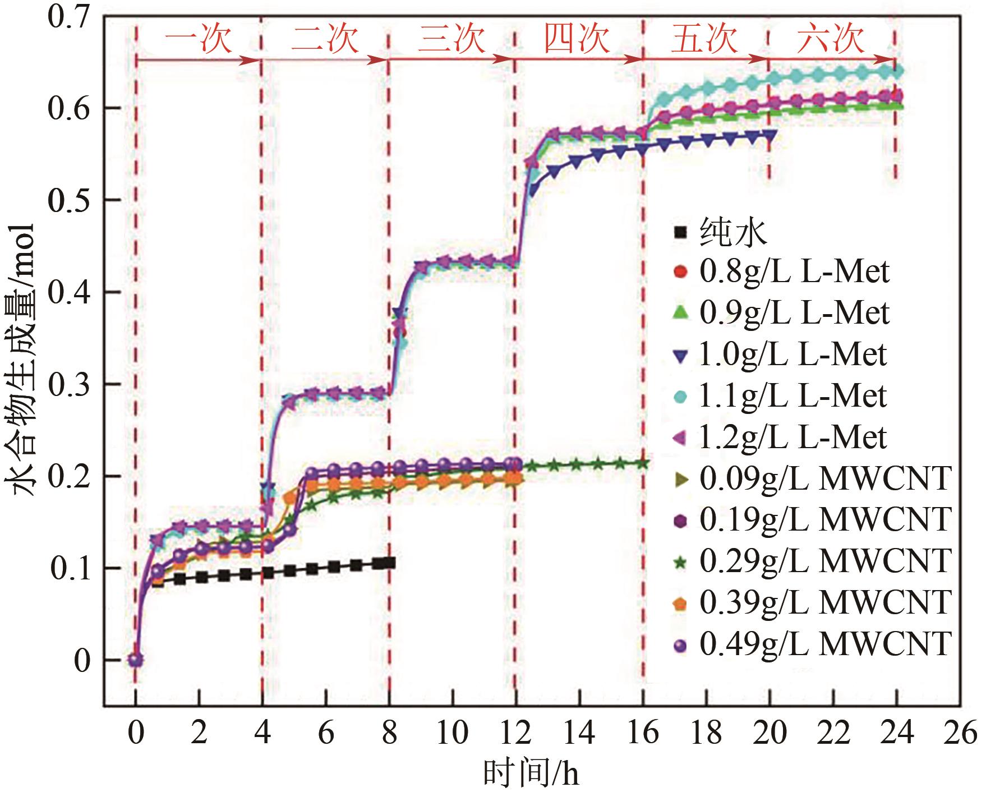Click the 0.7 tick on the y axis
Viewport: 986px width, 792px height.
[x=68, y=17]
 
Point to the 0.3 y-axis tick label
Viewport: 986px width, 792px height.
[x=68, y=385]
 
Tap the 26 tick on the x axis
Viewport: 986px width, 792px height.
[x=960, y=733]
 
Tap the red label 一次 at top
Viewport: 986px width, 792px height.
[x=198, y=39]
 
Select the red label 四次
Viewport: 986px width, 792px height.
[x=577, y=39]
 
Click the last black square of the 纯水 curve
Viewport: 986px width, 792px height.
[x=389, y=563]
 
